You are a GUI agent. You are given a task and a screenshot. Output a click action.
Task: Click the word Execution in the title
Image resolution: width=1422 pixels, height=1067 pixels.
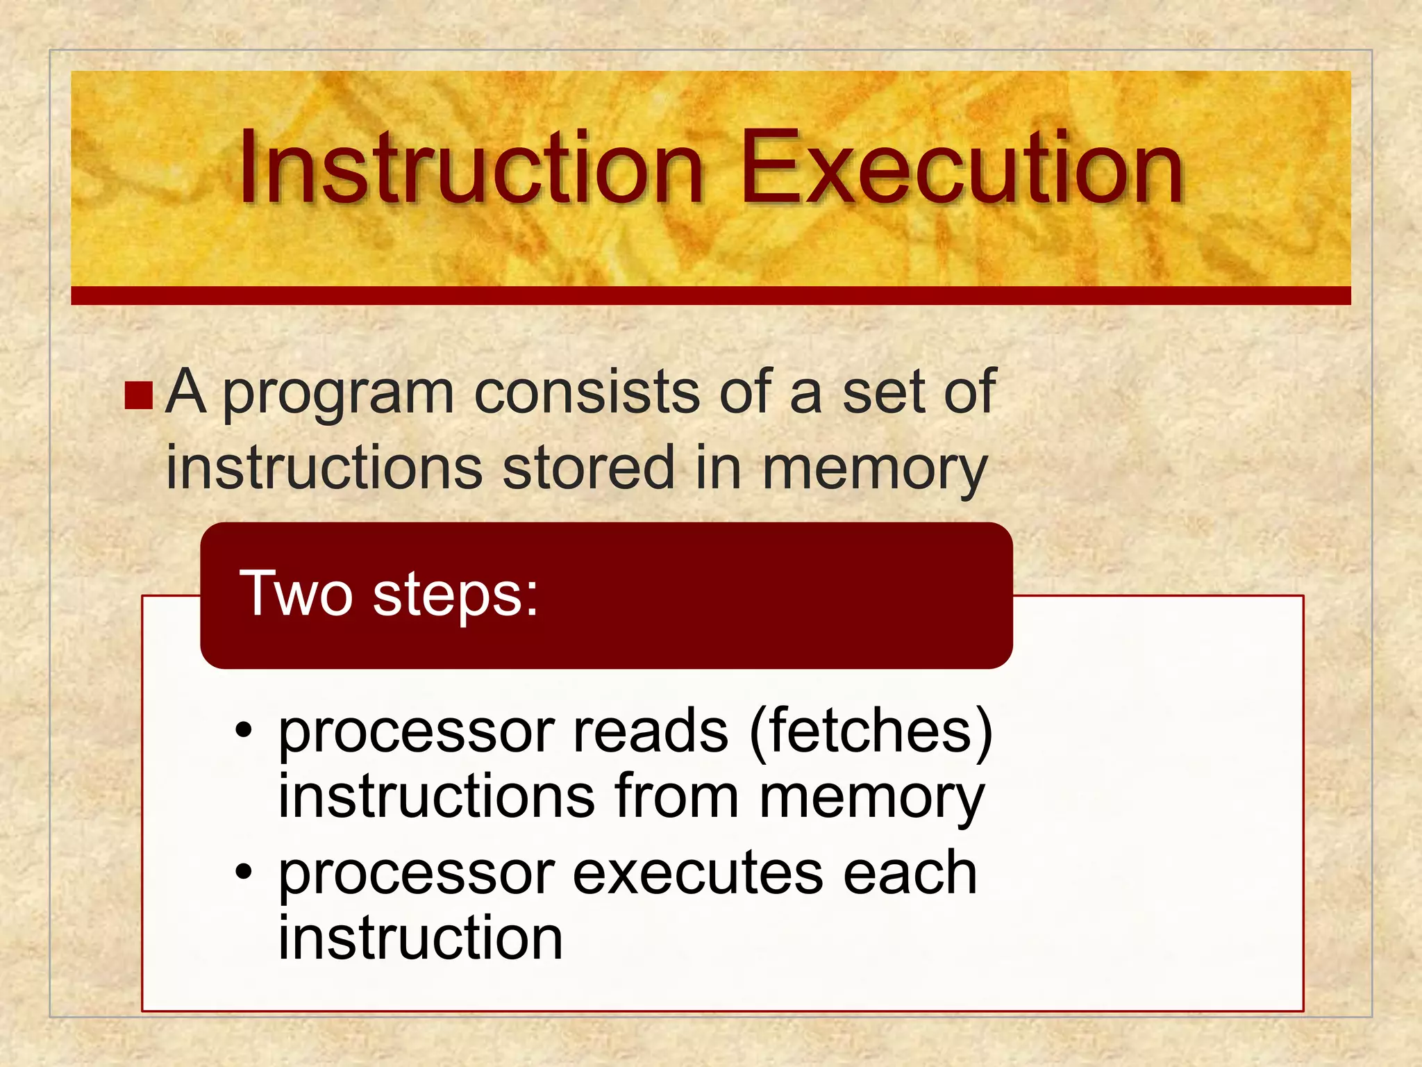pyautogui.click(x=962, y=169)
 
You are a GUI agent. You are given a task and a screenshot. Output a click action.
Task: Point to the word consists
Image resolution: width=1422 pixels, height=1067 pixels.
pyautogui.click(x=586, y=392)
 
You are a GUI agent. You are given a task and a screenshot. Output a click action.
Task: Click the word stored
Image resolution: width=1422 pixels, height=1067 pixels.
pyautogui.click(x=588, y=468)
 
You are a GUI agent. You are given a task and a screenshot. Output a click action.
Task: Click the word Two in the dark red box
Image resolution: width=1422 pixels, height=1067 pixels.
pyautogui.click(x=296, y=594)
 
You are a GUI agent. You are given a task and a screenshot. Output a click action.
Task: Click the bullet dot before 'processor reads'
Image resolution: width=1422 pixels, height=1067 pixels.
pyautogui.click(x=243, y=730)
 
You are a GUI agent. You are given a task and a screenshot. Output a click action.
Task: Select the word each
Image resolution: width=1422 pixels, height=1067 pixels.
pyautogui.click(x=910, y=873)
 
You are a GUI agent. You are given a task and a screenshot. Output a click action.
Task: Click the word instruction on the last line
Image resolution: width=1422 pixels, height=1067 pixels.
pyautogui.click(x=420, y=938)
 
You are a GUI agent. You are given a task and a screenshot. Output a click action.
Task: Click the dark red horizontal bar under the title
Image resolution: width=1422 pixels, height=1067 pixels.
pyautogui.click(x=711, y=296)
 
